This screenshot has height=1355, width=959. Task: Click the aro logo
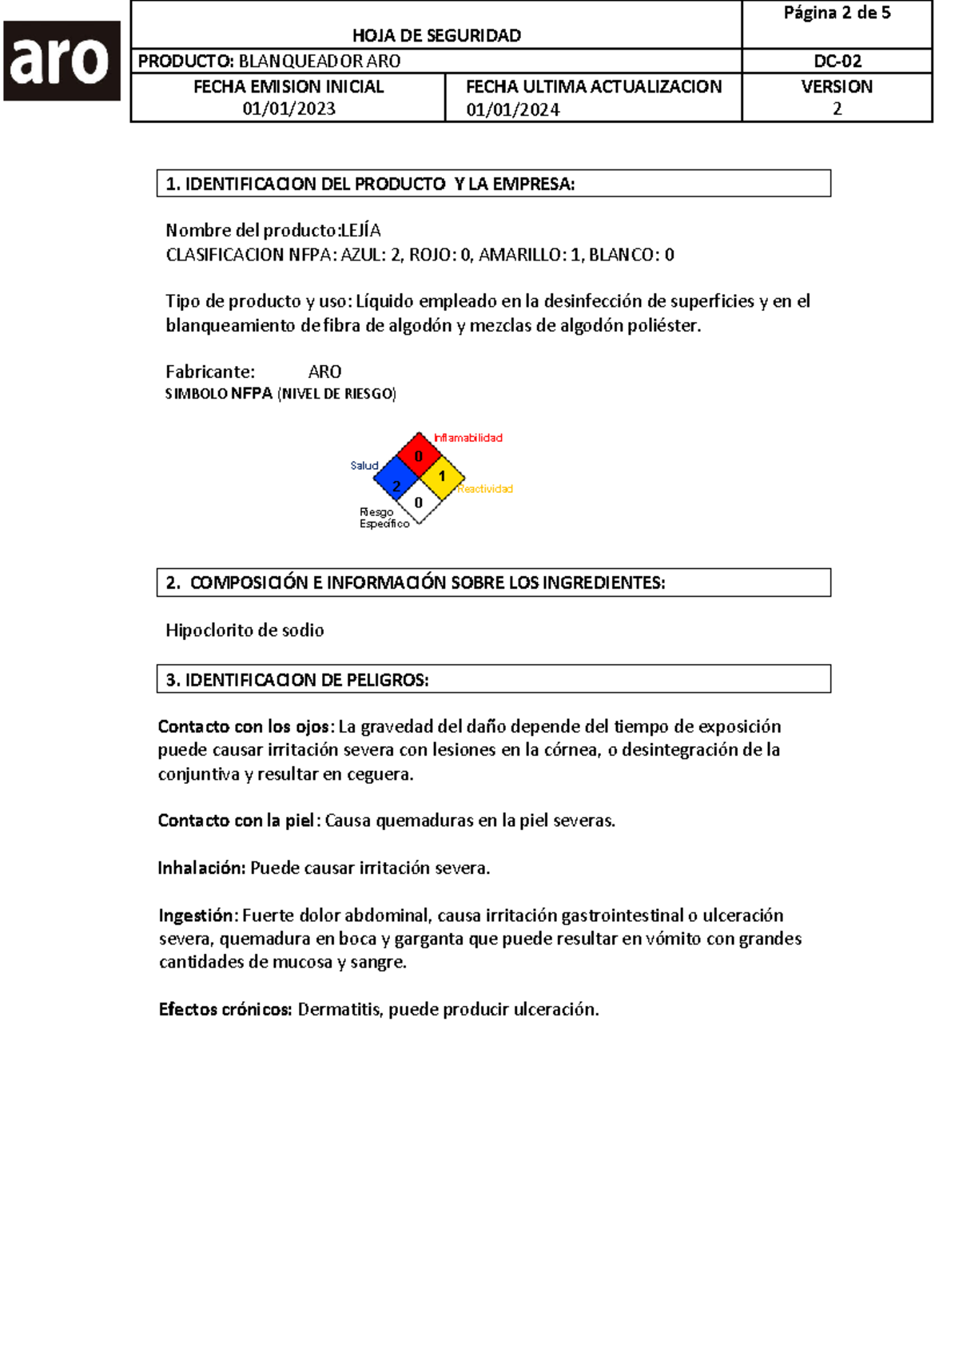click(x=62, y=61)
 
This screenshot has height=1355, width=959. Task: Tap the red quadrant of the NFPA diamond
click(x=419, y=455)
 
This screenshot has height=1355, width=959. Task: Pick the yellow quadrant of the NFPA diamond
click(x=442, y=477)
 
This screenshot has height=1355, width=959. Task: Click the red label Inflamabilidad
click(x=468, y=438)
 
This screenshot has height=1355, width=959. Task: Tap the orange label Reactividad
click(x=485, y=489)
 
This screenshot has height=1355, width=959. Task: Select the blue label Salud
click(x=364, y=466)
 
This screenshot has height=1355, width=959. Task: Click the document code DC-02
click(x=837, y=62)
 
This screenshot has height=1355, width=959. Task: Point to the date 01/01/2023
click(x=288, y=109)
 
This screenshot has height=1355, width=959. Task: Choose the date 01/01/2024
click(x=512, y=110)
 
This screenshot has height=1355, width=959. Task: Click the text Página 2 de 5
click(x=837, y=13)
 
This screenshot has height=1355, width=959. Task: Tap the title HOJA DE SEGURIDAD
click(x=436, y=36)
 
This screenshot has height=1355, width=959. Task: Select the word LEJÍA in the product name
click(x=360, y=231)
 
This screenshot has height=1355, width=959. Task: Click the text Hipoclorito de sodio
click(x=245, y=630)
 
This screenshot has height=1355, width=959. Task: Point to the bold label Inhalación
click(x=201, y=868)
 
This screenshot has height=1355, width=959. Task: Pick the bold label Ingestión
click(x=197, y=916)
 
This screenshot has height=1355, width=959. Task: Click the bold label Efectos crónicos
click(x=225, y=1010)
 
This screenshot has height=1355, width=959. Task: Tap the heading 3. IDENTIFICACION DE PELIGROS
click(x=297, y=680)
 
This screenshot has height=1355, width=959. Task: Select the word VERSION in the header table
click(x=837, y=86)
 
